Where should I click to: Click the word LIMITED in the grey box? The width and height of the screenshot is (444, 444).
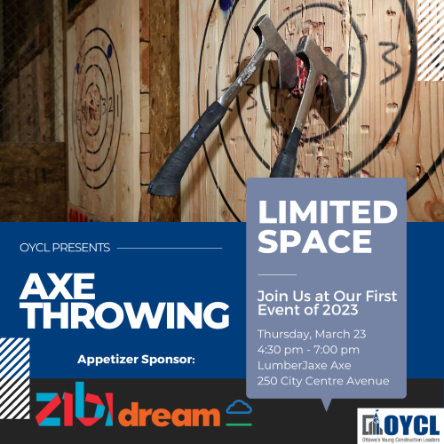click(x=326, y=213)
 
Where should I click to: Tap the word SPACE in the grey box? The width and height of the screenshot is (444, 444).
click(x=302, y=241)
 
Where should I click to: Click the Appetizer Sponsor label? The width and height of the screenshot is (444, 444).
click(x=134, y=360)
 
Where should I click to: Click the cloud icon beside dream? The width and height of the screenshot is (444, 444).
click(x=238, y=408)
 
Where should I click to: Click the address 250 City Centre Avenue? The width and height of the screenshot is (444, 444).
click(x=322, y=381)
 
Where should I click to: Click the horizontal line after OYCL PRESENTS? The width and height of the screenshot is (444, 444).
click(x=169, y=248)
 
